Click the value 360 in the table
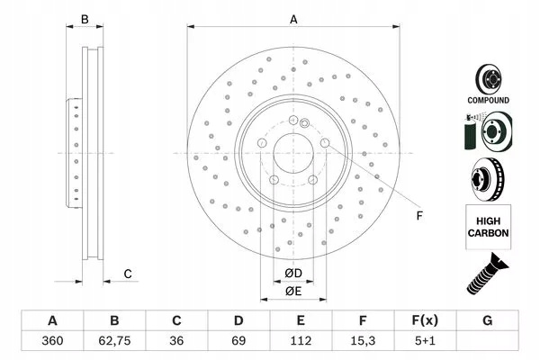tap(52, 341)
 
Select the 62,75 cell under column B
tap(114, 341)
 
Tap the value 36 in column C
tap(176, 341)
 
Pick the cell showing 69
tap(238, 341)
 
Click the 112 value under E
tap(301, 341)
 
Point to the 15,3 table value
tap(363, 341)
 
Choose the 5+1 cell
tap(425, 341)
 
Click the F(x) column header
tap(425, 320)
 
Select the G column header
tap(487, 320)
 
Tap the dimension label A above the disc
tap(293, 20)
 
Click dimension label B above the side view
tap(85, 20)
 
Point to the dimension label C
tap(128, 274)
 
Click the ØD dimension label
tap(293, 274)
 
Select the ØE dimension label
tap(293, 292)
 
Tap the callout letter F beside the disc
tap(419, 216)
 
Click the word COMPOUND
tap(488, 100)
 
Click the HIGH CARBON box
tap(489, 227)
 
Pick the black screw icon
tap(487, 274)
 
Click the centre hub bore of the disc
tap(293, 153)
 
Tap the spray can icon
tap(471, 132)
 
